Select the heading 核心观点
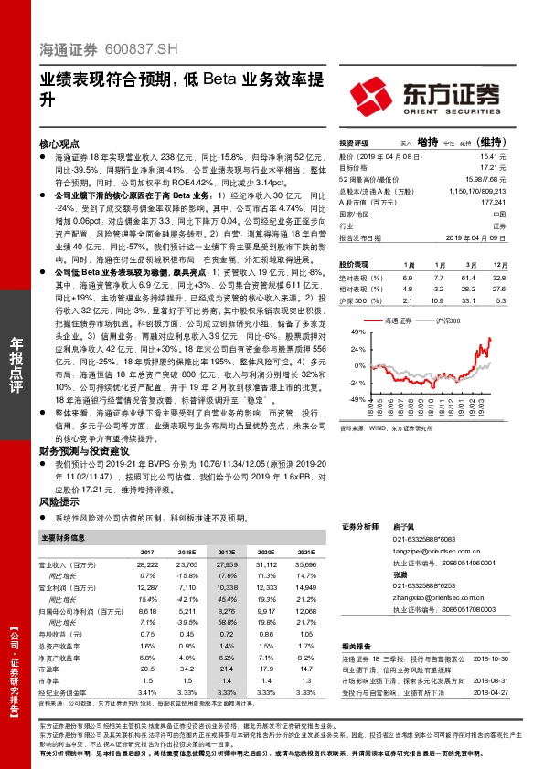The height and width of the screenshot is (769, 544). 59,145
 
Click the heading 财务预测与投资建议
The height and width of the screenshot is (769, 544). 85,450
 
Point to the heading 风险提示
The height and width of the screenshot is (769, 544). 59,502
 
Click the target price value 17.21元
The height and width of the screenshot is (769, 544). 493,168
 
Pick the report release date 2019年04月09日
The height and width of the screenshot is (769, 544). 478,237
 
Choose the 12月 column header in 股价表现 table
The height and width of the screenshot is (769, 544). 497,263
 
